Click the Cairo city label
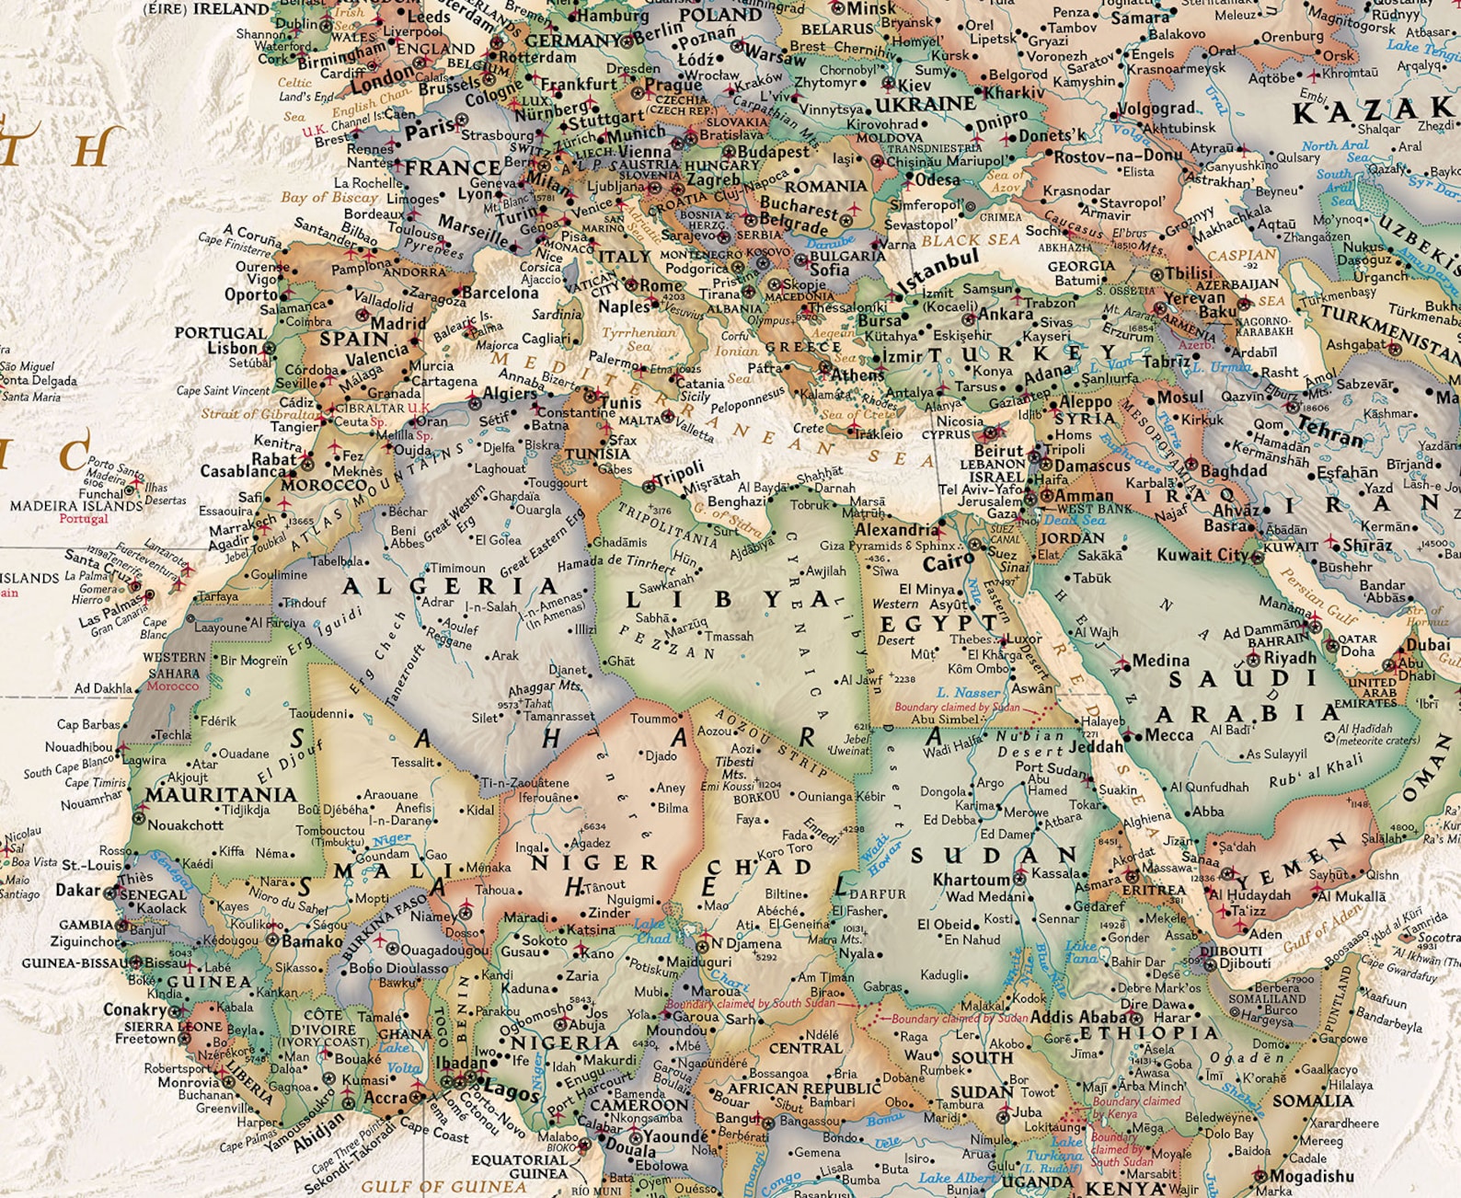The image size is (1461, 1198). pyautogui.click(x=948, y=561)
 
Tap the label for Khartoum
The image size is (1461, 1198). pyautogui.click(x=972, y=879)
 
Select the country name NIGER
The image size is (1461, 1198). pyautogui.click(x=593, y=863)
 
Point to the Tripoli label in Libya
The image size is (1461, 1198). pyautogui.click(x=679, y=474)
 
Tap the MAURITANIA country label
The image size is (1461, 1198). pyautogui.click(x=221, y=794)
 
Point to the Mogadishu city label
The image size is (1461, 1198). pyautogui.click(x=1311, y=1176)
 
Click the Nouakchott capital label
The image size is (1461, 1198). pyautogui.click(x=185, y=824)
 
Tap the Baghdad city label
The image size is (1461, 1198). pyautogui.click(x=1233, y=470)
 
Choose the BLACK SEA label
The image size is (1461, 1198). pyautogui.click(x=971, y=240)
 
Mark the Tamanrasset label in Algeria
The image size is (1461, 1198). pyautogui.click(x=559, y=715)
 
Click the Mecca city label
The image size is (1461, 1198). pyautogui.click(x=1168, y=734)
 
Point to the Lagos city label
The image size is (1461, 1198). pyautogui.click(x=511, y=1091)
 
